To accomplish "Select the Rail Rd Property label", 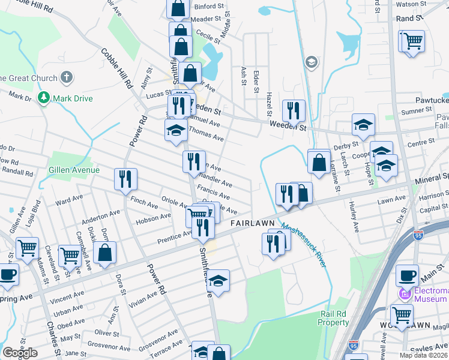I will [334, 318].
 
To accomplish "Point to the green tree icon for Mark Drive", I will [43, 97].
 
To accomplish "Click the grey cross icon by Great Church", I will [67, 77].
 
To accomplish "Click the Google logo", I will [20, 352].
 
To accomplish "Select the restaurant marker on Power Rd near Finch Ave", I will [126, 178].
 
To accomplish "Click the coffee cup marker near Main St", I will [407, 274].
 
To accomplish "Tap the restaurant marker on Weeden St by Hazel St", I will [294, 110].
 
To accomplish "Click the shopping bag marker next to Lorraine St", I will [319, 161].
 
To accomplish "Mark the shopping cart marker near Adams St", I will [27, 247].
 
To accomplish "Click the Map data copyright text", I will [424, 355].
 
